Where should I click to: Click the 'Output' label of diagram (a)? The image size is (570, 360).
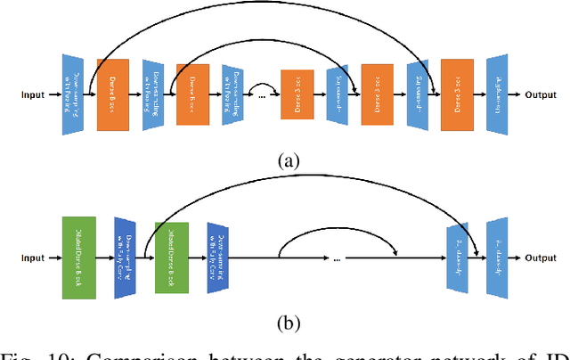[x=540, y=93]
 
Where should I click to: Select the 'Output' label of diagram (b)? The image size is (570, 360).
[x=540, y=258]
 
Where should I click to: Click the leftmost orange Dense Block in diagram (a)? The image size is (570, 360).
[x=112, y=93]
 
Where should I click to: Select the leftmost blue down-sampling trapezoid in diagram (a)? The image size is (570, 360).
[x=73, y=93]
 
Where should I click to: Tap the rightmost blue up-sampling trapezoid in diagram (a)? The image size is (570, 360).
[x=497, y=93]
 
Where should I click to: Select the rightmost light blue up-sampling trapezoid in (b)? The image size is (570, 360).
[x=497, y=258]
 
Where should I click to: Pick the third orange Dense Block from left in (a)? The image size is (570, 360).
[x=298, y=93]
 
